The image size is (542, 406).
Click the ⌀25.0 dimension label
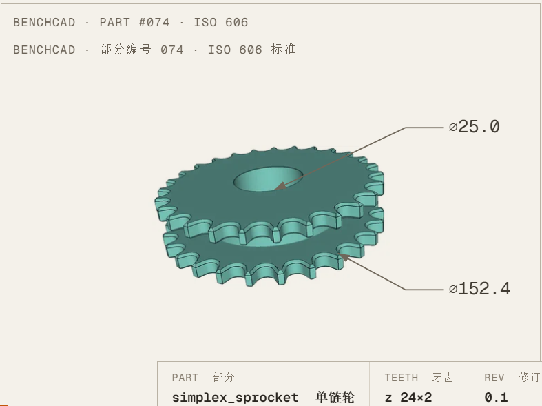click(475, 127)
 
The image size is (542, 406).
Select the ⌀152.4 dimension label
click(479, 288)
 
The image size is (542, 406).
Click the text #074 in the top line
click(154, 23)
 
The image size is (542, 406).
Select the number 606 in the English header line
click(236, 23)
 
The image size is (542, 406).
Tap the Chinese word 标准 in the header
click(284, 50)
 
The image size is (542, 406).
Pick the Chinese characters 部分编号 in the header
click(126, 50)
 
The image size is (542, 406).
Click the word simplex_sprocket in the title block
click(235, 397)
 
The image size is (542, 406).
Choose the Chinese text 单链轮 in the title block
click(335, 397)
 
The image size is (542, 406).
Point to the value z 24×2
click(408, 397)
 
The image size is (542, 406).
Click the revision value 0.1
click(496, 397)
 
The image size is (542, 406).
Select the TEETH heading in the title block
click(402, 377)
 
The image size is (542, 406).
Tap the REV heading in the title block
click(494, 377)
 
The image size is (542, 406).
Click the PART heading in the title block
click(185, 377)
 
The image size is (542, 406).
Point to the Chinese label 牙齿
click(443, 377)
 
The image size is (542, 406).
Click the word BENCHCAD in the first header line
click(44, 23)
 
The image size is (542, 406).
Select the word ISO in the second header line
click(219, 50)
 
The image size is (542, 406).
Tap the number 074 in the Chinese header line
click(171, 50)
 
